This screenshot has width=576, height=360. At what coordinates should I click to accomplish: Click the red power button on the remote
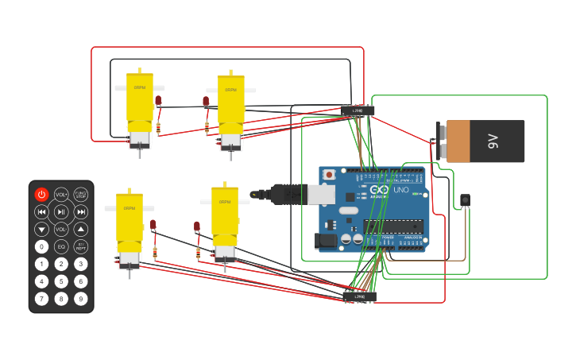pyautogui.click(x=41, y=194)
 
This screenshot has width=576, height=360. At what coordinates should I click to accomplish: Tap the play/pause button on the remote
pyautogui.click(x=61, y=211)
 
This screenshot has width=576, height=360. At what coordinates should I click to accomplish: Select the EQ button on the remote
pyautogui.click(x=61, y=246)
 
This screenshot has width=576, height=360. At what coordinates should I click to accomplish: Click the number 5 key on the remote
pyautogui.click(x=61, y=281)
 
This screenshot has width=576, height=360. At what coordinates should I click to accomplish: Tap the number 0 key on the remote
pyautogui.click(x=41, y=246)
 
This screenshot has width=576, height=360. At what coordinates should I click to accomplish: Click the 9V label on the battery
pyautogui.click(x=493, y=141)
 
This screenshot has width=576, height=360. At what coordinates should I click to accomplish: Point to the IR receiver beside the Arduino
pyautogui.click(x=465, y=199)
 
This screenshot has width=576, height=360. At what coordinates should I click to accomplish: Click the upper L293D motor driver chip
pyautogui.click(x=358, y=110)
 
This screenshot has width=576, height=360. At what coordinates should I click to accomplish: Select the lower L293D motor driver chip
pyautogui.click(x=360, y=296)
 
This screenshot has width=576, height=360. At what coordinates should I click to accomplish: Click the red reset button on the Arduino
pyautogui.click(x=329, y=174)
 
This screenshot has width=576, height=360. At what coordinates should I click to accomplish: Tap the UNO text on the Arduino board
pyautogui.click(x=401, y=190)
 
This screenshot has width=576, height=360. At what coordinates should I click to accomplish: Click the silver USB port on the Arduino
pyautogui.click(x=321, y=194)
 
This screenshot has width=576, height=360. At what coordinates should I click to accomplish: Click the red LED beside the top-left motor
pyautogui.click(x=158, y=100)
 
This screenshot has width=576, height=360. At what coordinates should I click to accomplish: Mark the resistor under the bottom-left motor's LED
pyautogui.click(x=155, y=253)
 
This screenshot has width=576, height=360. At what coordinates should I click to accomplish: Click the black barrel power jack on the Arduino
pyautogui.click(x=326, y=239)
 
